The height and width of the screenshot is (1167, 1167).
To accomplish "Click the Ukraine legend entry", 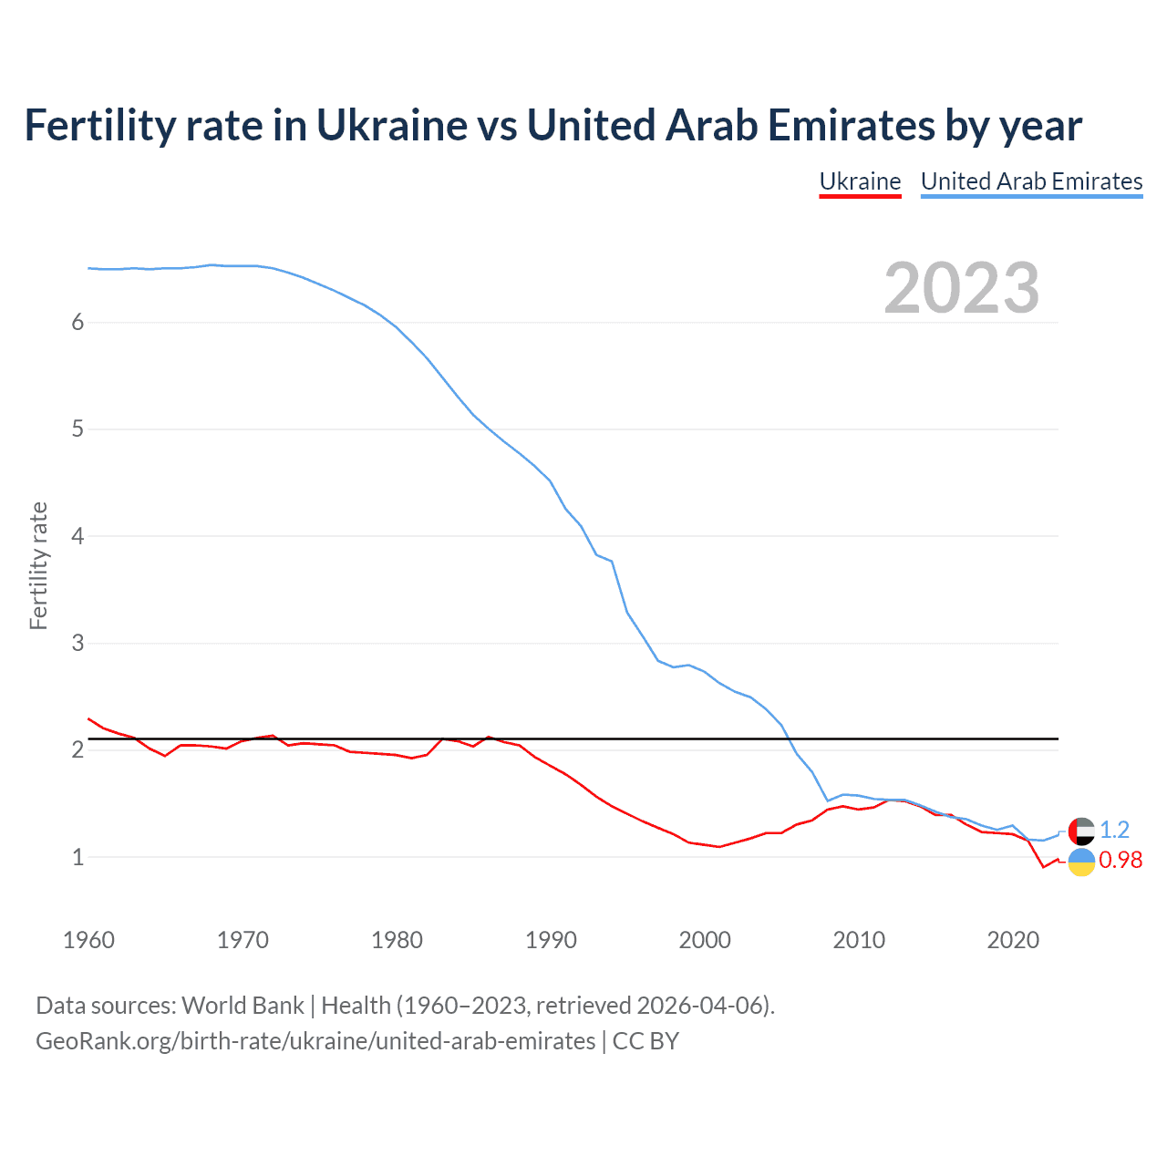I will coord(860,181).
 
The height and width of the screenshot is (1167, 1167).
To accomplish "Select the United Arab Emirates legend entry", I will coord(1031,181).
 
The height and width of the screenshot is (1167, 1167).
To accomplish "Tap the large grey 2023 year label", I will coord(961,288).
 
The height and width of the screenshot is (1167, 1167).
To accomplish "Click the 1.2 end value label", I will coord(1114,830).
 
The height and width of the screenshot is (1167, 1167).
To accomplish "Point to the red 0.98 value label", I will coord(1121,860).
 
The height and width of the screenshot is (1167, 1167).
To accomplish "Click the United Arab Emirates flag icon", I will coord(1081,831).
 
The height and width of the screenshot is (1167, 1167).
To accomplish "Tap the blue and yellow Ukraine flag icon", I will coord(1081,862).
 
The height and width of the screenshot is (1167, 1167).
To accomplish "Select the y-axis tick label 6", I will coord(77,322).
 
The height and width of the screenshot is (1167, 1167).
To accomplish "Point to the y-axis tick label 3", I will coord(77,643).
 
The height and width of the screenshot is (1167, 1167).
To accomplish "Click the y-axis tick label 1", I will coord(77,857).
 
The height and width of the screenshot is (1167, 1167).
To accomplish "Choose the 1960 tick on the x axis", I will coord(88,940).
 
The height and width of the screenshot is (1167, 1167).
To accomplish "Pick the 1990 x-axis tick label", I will coord(551,940).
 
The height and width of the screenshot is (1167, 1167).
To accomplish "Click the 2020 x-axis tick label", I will coord(1013,940).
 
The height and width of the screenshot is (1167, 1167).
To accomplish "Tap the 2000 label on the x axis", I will coord(705,940).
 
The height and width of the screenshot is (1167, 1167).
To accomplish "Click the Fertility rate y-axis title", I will coord(38,565).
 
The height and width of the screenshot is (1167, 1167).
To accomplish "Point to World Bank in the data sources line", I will coord(243,1005).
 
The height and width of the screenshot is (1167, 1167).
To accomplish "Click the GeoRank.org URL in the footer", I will coord(315,1041).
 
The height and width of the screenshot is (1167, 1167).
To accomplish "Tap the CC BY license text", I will coord(645,1041).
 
